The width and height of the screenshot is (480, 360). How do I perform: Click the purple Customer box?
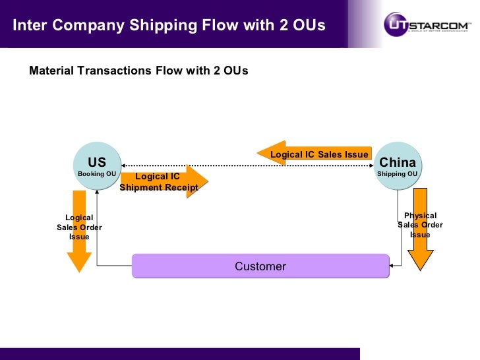(x=260, y=266)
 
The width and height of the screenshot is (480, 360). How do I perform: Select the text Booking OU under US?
(x=97, y=174)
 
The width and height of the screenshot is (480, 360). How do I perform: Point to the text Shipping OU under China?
(x=397, y=174)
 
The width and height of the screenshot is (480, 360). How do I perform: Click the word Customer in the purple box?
(x=260, y=266)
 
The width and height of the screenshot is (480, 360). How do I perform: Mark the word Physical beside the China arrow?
(x=420, y=216)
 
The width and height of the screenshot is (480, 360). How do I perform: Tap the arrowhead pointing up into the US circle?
(x=97, y=191)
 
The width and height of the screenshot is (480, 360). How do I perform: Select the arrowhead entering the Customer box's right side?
(x=392, y=266)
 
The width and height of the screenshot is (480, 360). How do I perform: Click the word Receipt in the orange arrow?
(x=179, y=187)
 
